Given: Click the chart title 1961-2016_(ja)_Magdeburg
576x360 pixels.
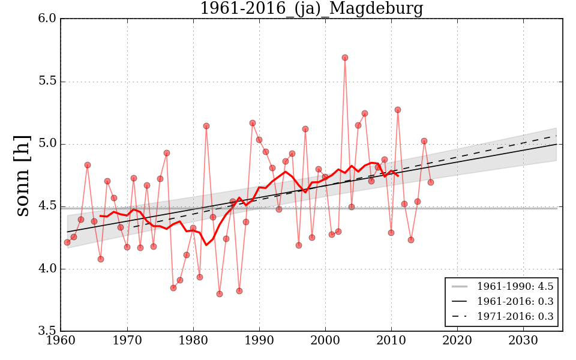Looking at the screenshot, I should (x=311, y=9).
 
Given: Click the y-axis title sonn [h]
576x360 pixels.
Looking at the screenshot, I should (x=23, y=175).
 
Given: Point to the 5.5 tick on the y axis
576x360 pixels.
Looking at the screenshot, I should (x=49, y=82).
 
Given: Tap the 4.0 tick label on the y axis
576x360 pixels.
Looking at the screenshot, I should (x=49, y=269).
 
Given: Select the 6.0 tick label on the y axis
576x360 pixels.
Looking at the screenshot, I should (x=49, y=19).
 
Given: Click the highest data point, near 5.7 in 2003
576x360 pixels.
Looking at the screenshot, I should (x=345, y=58).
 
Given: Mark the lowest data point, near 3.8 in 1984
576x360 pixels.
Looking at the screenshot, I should (x=220, y=294).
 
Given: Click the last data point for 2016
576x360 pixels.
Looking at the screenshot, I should (x=431, y=182).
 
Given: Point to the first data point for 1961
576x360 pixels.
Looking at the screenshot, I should (x=67, y=242).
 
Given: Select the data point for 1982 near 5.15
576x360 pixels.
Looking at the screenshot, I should (x=206, y=126).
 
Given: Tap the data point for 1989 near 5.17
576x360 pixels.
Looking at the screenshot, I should (x=253, y=123).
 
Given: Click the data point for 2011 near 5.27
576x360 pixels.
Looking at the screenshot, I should (x=398, y=110).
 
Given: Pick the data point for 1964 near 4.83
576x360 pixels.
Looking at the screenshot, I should (x=88, y=165).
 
